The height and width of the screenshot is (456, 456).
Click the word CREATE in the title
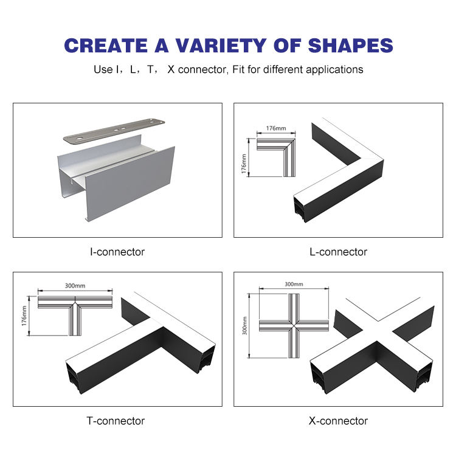tap(106, 46)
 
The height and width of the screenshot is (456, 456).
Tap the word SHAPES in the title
tap(350, 46)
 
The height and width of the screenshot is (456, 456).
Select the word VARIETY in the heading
tap(221, 46)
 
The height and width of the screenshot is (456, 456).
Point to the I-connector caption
tap(117, 252)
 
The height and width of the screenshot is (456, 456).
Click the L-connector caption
tap(338, 252)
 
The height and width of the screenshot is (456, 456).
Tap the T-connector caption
tap(116, 421)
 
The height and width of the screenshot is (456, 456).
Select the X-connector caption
tap(338, 421)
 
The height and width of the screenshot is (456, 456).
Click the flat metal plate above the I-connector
tap(114, 131)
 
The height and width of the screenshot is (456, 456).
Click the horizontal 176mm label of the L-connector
tap(276, 128)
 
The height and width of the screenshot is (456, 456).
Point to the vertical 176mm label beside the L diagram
tap(244, 164)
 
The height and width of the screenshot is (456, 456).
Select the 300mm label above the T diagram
tap(75, 286)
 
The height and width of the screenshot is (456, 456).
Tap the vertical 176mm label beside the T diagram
tap(24, 316)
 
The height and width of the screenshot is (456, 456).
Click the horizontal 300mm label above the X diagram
tap(294, 284)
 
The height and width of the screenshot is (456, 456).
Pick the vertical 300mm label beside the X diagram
tap(244, 326)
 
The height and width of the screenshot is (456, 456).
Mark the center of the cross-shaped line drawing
tap(294, 326)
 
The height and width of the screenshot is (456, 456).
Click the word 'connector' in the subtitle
tap(202, 70)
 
